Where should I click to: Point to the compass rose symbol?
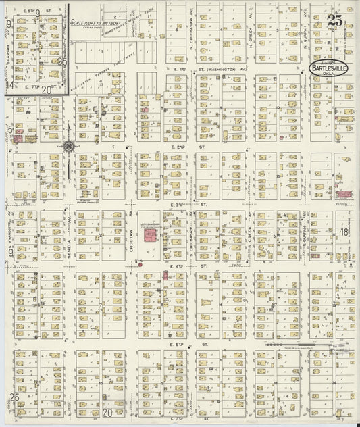point(69,145)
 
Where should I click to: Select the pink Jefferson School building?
point(150,235)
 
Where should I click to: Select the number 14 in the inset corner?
point(9,85)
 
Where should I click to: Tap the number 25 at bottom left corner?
point(15,397)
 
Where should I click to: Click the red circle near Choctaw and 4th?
point(140,264)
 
